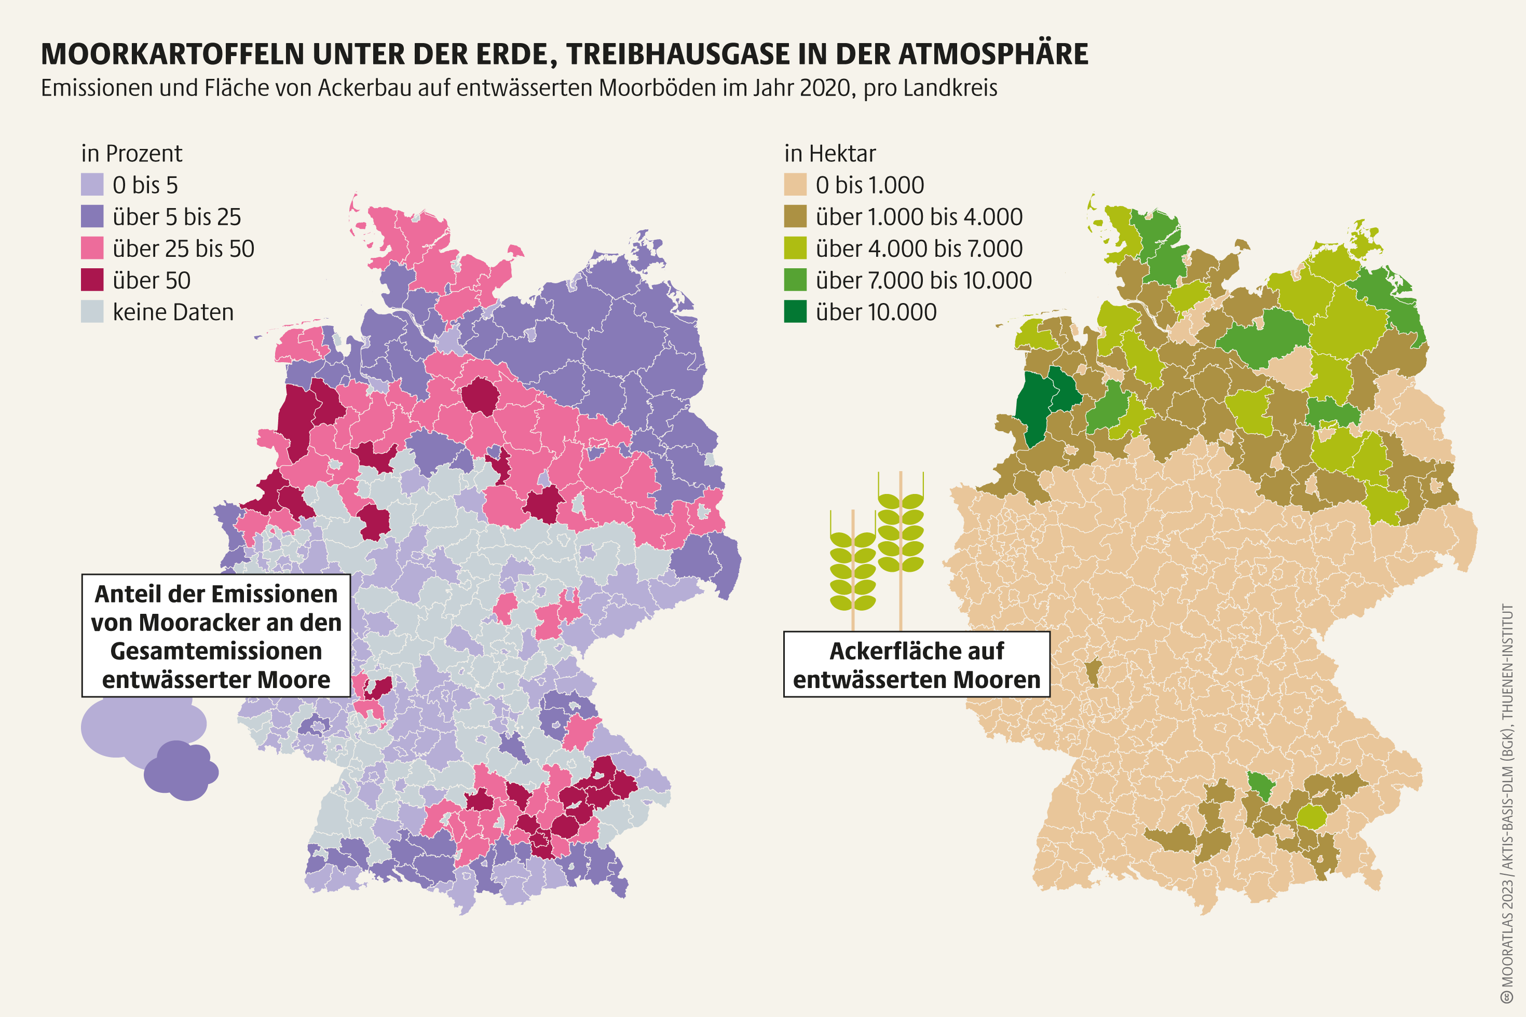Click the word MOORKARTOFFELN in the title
[x=172, y=54]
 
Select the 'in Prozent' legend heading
[x=132, y=154]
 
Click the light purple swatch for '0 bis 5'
[x=92, y=185]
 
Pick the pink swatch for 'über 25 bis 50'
[x=92, y=249]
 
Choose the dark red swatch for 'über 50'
[x=92, y=280]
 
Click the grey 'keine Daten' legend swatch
[x=92, y=312]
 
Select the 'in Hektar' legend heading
[x=830, y=154]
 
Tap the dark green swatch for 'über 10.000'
[x=795, y=312]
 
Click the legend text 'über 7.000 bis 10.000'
[x=923, y=280]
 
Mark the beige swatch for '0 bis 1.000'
[x=795, y=185]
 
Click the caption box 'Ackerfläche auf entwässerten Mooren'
[x=916, y=665]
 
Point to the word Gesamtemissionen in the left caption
[x=216, y=651]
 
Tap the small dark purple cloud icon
[x=181, y=771]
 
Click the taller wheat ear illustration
[x=901, y=532]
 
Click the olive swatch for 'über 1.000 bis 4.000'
[x=795, y=217]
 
